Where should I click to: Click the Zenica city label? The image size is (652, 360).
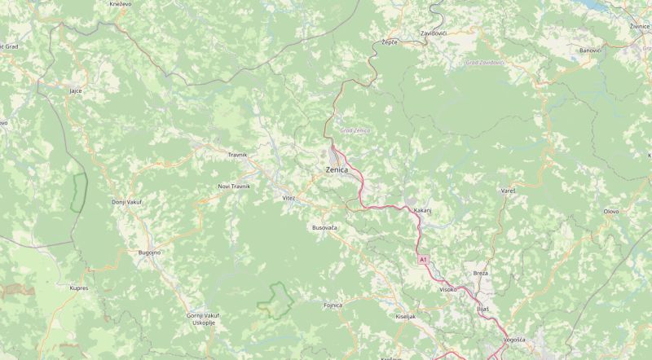pyautogui.click(x=337, y=169)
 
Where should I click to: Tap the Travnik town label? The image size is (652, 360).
pyautogui.click(x=237, y=155)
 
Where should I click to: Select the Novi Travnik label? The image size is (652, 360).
pyautogui.click(x=234, y=187)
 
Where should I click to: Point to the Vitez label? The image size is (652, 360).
pyautogui.click(x=289, y=198)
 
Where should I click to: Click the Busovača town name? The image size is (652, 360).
pyautogui.click(x=324, y=228)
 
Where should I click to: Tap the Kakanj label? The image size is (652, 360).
pyautogui.click(x=422, y=211)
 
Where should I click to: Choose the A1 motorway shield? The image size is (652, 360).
pyautogui.click(x=423, y=259)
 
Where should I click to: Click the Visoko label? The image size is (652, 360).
pyautogui.click(x=448, y=289)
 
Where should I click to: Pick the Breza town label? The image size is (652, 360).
pyautogui.click(x=480, y=274)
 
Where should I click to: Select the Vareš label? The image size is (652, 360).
pyautogui.click(x=507, y=191)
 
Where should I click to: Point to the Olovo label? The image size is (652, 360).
pyautogui.click(x=610, y=212)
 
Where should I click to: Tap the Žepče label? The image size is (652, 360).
pyautogui.click(x=389, y=42)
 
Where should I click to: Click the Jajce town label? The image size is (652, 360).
pyautogui.click(x=77, y=90)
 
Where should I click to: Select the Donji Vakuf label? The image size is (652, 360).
pyautogui.click(x=126, y=202)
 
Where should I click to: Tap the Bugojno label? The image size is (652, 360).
pyautogui.click(x=150, y=253)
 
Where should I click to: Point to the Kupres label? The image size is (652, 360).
pyautogui.click(x=78, y=288)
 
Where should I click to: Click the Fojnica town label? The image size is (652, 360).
pyautogui.click(x=333, y=305)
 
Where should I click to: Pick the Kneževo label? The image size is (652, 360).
pyautogui.click(x=120, y=4)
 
